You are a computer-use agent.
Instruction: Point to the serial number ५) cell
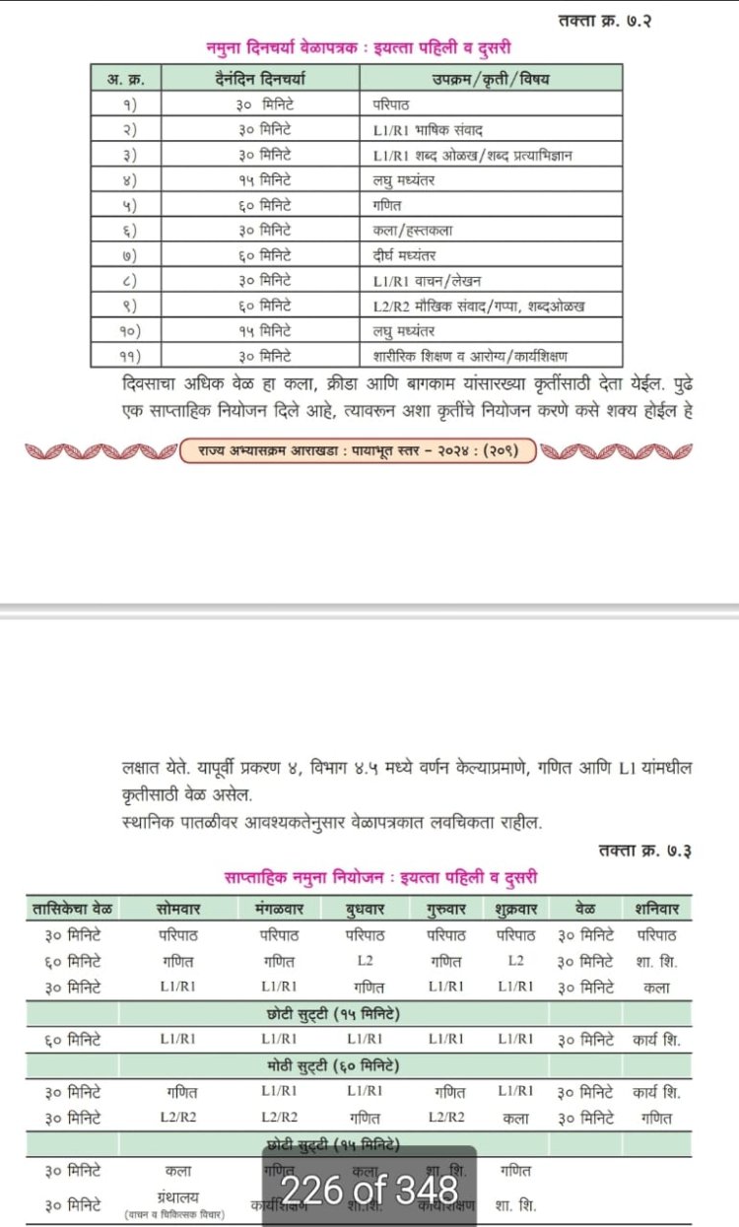pyautogui.click(x=127, y=205)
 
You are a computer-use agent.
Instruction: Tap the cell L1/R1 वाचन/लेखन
pyautogui.click(x=428, y=282)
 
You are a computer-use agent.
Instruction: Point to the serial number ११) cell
pyautogui.click(x=127, y=357)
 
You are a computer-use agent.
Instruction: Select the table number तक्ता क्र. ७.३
pyautogui.click(x=644, y=850)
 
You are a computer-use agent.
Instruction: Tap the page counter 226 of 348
pyautogui.click(x=369, y=1191)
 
